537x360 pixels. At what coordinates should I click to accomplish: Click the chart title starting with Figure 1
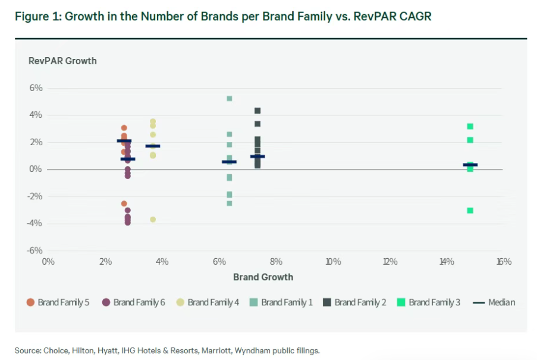[x=223, y=17]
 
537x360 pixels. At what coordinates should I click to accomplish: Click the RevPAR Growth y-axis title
[x=62, y=61]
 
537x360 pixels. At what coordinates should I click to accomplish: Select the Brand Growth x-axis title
[x=263, y=277]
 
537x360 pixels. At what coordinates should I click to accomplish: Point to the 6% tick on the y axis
[x=36, y=88]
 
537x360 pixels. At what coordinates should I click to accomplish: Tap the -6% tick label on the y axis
[x=34, y=251]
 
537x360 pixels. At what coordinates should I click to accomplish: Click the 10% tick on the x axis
[x=333, y=262]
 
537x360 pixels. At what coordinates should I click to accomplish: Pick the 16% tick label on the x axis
[x=503, y=262]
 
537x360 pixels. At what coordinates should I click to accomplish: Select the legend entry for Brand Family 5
[x=58, y=302]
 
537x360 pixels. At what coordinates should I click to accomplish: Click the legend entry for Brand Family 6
[x=133, y=302]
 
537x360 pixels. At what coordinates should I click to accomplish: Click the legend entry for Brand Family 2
[x=354, y=302]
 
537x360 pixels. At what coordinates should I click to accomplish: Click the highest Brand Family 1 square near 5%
[x=229, y=99]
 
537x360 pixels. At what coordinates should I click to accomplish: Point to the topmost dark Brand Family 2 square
[x=257, y=111]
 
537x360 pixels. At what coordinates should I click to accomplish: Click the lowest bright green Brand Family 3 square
[x=470, y=210]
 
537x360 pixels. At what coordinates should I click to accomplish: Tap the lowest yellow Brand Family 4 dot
[x=153, y=220]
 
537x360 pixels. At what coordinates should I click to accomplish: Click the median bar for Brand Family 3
[x=470, y=165]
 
